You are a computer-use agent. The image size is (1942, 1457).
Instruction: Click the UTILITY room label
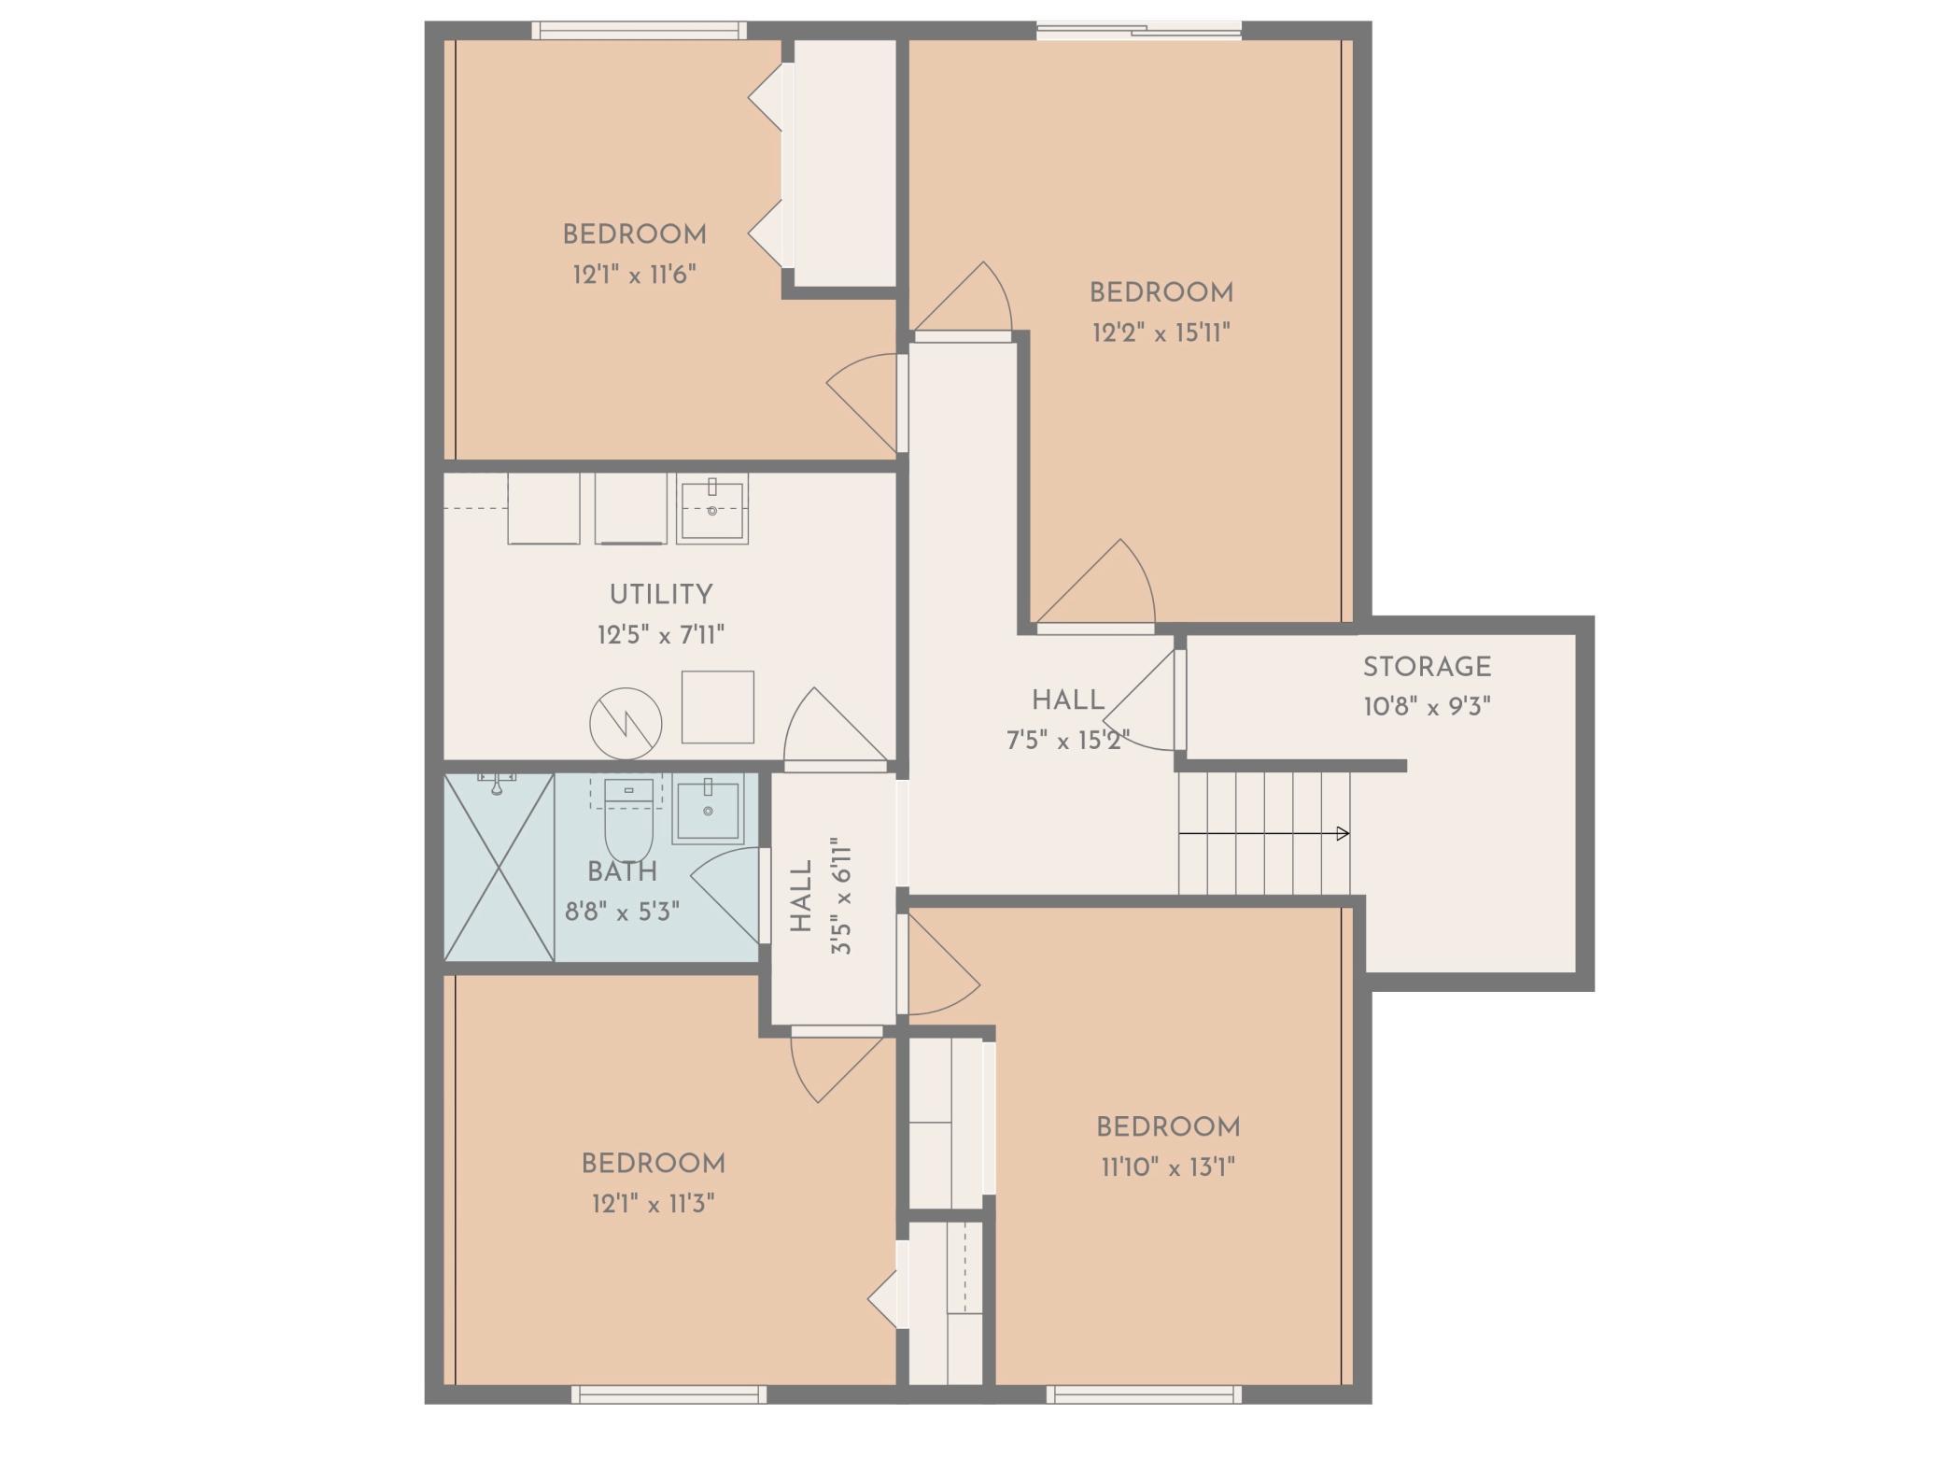[661, 594]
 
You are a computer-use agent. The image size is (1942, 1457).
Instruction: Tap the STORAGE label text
[1427, 667]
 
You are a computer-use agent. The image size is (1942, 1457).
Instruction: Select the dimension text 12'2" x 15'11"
[1161, 332]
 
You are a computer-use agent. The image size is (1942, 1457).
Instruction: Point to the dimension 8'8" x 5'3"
[622, 911]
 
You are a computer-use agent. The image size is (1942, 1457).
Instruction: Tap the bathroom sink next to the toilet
[709, 809]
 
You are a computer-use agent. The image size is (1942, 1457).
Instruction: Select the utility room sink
[712, 509]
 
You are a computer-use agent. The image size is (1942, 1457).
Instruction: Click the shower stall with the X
[500, 867]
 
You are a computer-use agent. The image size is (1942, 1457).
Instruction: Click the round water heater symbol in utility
[626, 724]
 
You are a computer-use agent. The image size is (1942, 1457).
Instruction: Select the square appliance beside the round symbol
[717, 707]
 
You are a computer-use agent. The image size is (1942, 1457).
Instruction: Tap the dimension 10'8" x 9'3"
[1427, 706]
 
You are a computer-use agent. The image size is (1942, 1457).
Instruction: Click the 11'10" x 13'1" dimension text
[1168, 1167]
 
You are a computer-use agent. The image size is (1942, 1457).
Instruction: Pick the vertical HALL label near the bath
[802, 896]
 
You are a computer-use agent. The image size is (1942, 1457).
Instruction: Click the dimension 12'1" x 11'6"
[635, 275]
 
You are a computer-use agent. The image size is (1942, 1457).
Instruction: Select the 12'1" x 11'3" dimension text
[654, 1203]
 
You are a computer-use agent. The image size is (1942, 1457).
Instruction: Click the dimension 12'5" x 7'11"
[661, 635]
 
